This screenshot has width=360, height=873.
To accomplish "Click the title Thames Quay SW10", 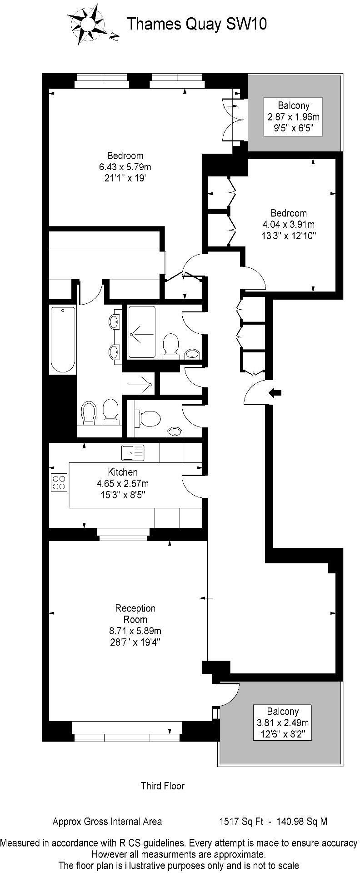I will [x=196, y=24].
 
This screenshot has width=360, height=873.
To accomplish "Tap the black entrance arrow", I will [x=275, y=392].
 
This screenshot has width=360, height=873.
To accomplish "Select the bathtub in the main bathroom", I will [x=63, y=339].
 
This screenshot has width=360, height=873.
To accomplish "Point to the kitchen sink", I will [x=132, y=452].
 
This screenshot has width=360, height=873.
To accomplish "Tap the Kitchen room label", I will [x=123, y=472].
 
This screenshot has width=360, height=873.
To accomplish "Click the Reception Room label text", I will [x=135, y=614].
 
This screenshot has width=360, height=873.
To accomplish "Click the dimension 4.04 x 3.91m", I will [x=289, y=224].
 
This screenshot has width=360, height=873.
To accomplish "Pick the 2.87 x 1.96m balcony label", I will [x=294, y=116].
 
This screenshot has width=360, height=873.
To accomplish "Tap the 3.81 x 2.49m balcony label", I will [x=282, y=722].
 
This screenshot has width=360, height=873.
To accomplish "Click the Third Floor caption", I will [x=163, y=785].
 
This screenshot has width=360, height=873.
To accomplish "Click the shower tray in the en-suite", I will [x=142, y=331].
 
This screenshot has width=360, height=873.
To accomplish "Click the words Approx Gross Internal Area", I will [x=107, y=821].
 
